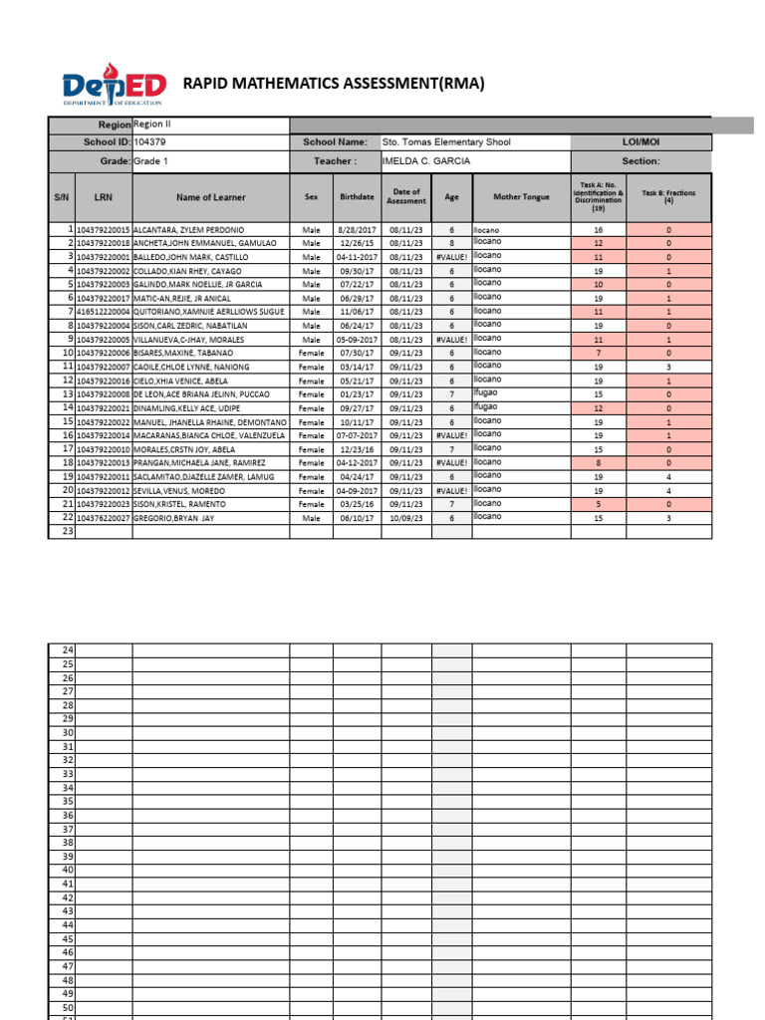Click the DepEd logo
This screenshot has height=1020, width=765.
click(115, 88)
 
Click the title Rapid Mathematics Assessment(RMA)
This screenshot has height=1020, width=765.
click(334, 84)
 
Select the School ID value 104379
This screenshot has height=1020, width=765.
click(151, 142)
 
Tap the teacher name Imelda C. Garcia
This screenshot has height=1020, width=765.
click(426, 161)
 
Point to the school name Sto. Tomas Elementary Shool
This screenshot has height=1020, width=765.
click(446, 142)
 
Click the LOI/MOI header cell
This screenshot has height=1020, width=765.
click(640, 142)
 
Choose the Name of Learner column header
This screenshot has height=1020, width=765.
click(210, 197)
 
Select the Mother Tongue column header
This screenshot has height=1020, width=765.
click(521, 197)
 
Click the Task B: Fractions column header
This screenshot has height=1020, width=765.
click(668, 196)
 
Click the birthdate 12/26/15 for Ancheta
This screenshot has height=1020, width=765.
click(357, 243)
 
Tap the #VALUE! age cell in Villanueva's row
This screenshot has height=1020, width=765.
click(451, 340)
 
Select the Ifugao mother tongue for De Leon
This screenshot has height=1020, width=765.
click(486, 393)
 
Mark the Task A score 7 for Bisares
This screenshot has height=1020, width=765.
click(599, 353)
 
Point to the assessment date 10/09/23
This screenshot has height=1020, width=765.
click(406, 518)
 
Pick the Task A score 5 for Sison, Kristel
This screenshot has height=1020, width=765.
click(599, 504)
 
